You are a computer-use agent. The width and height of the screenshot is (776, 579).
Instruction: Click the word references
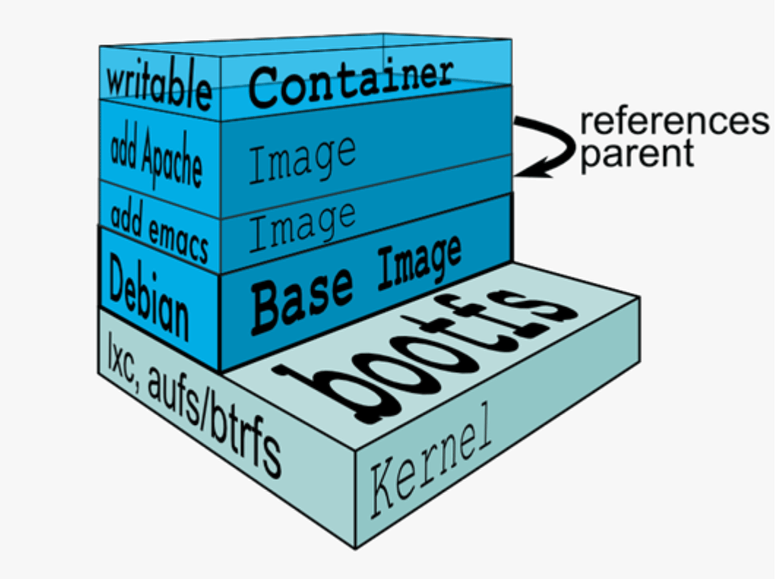coord(674,121)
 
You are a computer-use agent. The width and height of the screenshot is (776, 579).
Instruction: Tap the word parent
coord(636,154)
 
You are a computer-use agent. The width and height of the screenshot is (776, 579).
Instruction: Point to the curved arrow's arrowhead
coord(523,170)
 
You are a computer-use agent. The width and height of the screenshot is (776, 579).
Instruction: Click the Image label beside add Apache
coord(301,159)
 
